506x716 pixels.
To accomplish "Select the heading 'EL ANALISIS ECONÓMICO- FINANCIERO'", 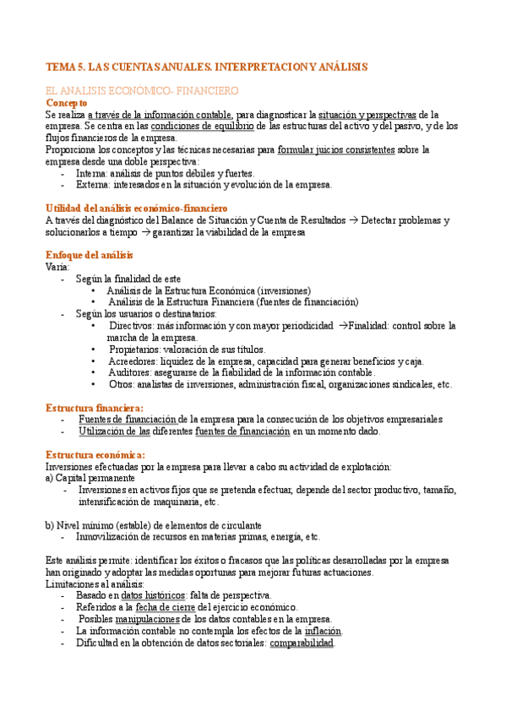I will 141,89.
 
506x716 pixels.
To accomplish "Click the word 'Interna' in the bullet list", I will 91,173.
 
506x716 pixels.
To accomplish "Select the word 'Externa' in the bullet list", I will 92,185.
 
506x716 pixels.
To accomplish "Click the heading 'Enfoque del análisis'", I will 89,255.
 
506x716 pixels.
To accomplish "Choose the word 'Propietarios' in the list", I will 134,349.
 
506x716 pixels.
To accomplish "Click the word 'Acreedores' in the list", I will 133,361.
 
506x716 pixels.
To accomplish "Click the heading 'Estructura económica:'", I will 95,455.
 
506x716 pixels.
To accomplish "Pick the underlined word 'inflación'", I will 323,631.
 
